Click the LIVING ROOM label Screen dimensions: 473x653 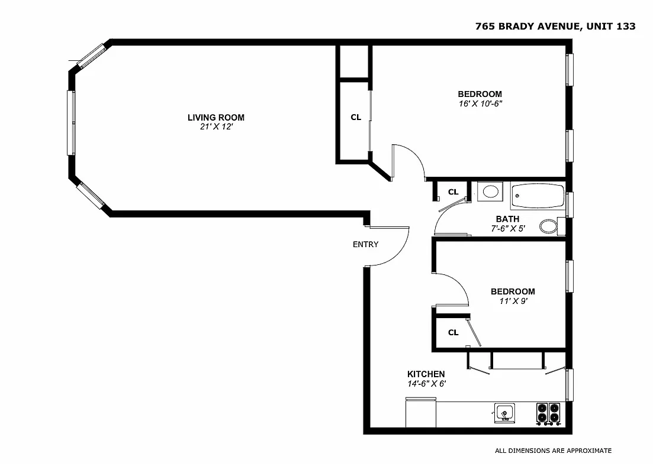point(215,118)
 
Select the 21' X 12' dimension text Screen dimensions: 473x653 point(215,127)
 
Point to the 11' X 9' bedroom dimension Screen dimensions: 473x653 point(512,301)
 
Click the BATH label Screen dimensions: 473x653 point(507,219)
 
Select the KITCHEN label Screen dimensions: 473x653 point(426,374)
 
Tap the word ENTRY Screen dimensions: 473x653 point(365,245)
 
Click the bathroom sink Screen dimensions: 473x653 point(490,192)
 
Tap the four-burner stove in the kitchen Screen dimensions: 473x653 point(548,412)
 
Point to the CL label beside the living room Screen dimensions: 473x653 point(355,117)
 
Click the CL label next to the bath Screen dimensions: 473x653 point(453,192)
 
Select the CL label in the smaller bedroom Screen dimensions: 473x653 point(453,332)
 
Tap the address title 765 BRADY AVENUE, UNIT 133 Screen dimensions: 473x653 point(556,26)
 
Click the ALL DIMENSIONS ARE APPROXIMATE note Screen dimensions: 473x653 point(553,451)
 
